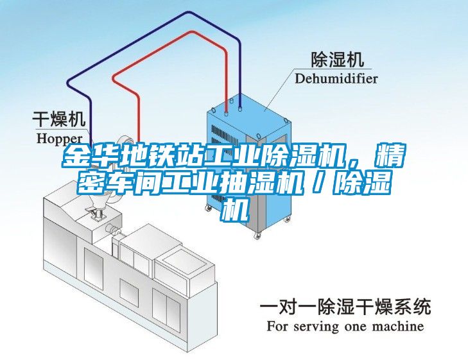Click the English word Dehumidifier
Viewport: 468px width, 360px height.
(336, 79)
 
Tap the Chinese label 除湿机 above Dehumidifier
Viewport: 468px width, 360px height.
(338, 60)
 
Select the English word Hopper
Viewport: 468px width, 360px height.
(60, 139)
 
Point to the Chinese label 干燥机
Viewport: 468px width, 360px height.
(59, 119)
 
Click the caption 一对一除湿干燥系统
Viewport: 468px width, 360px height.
(345, 307)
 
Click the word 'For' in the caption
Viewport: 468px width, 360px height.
(277, 326)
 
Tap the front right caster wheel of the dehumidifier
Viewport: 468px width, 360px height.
(257, 236)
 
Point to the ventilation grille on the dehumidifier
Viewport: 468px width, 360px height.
(221, 140)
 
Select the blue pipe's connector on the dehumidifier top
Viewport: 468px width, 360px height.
(240, 108)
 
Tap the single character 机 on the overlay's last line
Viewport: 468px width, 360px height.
(234, 210)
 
